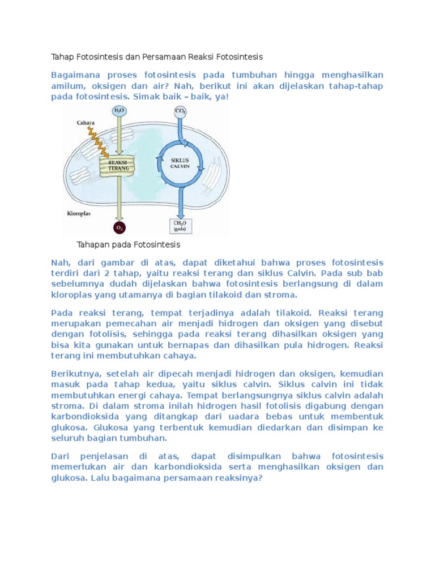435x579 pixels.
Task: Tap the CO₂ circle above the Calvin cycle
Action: tap(181, 111)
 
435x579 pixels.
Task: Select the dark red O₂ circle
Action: tap(120, 227)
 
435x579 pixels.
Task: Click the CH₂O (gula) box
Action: tap(181, 226)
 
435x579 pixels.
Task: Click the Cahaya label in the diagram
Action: tap(86, 122)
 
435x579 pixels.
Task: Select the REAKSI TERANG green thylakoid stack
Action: tap(120, 165)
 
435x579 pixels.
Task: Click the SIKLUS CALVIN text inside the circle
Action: tap(181, 163)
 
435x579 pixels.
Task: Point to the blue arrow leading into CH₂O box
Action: tap(181, 204)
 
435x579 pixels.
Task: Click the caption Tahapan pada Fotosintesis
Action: tap(128, 245)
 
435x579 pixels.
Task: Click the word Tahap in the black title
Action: tap(63, 57)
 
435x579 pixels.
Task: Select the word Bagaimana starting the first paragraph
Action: tap(76, 75)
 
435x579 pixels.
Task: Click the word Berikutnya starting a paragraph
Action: tap(76, 374)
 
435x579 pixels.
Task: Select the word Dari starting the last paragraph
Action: tap(60, 456)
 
